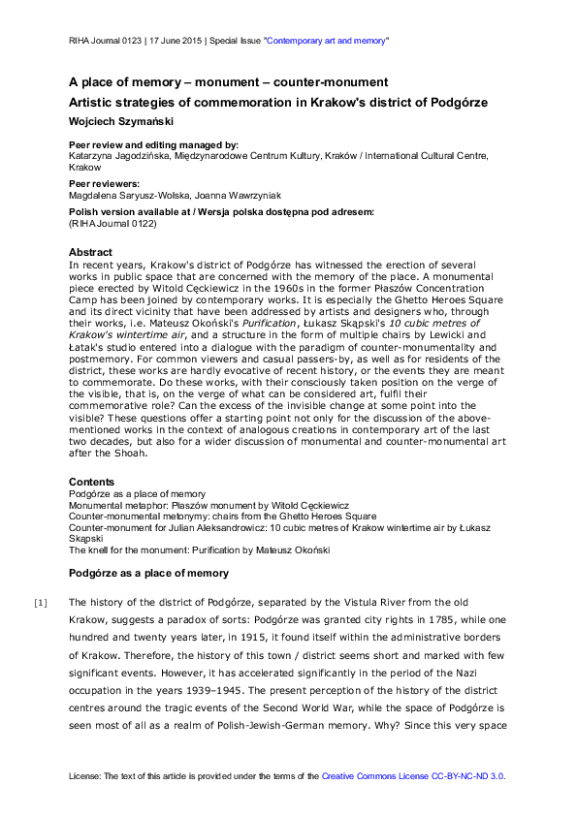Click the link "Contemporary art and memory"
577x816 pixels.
(328, 42)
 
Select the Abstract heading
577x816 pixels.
(90, 253)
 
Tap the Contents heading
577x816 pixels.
(92, 482)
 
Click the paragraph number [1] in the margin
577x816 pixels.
(41, 602)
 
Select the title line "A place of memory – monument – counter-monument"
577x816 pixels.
(228, 82)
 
